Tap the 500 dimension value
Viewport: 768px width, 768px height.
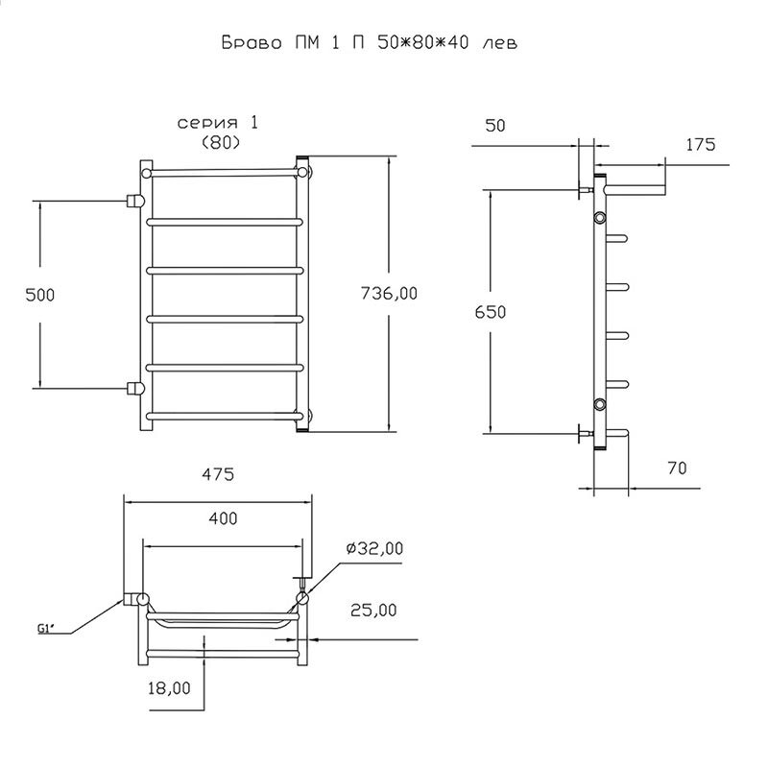pyautogui.click(x=39, y=295)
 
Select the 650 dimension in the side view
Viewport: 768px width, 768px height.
pyautogui.click(x=489, y=312)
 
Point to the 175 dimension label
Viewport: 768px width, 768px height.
pyautogui.click(x=702, y=145)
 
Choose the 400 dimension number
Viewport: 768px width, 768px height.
pyautogui.click(x=222, y=518)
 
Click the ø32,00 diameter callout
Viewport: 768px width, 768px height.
pyautogui.click(x=373, y=548)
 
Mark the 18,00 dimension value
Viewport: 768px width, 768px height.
pyautogui.click(x=169, y=686)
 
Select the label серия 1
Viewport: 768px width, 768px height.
pyautogui.click(x=218, y=124)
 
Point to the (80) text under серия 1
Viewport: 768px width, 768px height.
pyautogui.click(x=220, y=142)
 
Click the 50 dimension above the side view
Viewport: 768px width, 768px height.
pyautogui.click(x=496, y=125)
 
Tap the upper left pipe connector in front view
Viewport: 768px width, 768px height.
pyautogui.click(x=135, y=201)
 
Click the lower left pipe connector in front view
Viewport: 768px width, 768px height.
pyautogui.click(x=135, y=389)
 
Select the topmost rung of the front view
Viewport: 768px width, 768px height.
pyautogui.click(x=225, y=173)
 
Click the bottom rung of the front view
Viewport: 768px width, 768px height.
pyautogui.click(x=225, y=416)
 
